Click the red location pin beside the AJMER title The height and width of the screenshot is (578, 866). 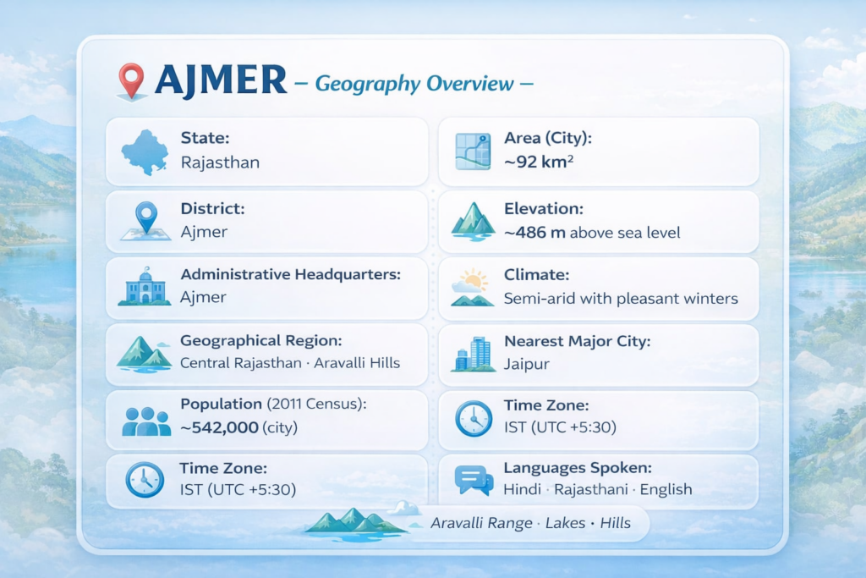pos(131,81)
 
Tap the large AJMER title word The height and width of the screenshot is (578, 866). pos(221,80)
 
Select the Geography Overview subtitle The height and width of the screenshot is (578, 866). pos(414,84)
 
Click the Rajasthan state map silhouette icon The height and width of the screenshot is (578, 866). pos(145,152)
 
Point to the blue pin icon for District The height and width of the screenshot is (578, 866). pos(145,221)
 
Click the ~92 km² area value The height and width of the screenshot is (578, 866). pos(539,162)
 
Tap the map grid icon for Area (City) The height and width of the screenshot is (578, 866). pos(473,151)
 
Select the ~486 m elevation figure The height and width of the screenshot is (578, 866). pos(534,233)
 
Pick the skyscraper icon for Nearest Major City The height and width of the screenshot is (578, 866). pos(474,355)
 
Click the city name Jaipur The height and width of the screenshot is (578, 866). pos(526,365)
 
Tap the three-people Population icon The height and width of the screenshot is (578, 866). pos(146,421)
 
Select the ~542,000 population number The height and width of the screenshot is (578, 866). pos(219,427)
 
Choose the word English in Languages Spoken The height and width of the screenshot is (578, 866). pos(666,490)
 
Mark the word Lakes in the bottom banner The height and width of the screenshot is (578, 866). pos(565,523)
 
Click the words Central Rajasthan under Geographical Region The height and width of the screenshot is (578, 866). pos(241,364)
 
